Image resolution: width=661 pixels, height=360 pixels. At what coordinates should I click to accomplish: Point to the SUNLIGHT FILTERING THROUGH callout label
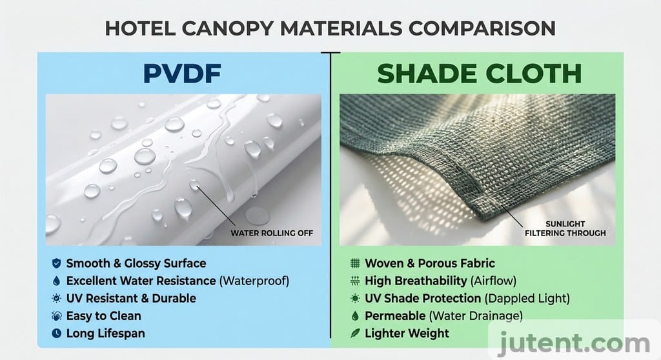[566, 228]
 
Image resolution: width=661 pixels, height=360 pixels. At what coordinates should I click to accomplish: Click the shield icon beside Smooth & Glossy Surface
[56, 263]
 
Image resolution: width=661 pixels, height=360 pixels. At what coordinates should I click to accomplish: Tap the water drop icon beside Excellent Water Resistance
[56, 281]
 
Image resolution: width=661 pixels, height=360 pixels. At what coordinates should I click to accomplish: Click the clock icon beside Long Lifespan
[56, 334]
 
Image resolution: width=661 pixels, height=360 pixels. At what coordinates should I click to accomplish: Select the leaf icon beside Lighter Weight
[354, 334]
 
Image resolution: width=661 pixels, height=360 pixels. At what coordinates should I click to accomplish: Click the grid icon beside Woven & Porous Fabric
[354, 263]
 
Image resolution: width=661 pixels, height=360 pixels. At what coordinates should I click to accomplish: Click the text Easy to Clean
[103, 316]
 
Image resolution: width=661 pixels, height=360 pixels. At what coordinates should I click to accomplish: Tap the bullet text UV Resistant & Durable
[131, 298]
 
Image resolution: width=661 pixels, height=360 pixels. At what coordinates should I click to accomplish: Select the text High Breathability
[416, 281]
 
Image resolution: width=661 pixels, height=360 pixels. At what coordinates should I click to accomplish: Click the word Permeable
[395, 316]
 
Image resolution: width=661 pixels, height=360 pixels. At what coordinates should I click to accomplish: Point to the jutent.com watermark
[575, 340]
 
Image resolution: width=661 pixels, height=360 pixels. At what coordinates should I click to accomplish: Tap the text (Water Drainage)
[475, 316]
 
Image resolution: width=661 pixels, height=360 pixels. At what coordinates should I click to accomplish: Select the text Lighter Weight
[407, 334]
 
